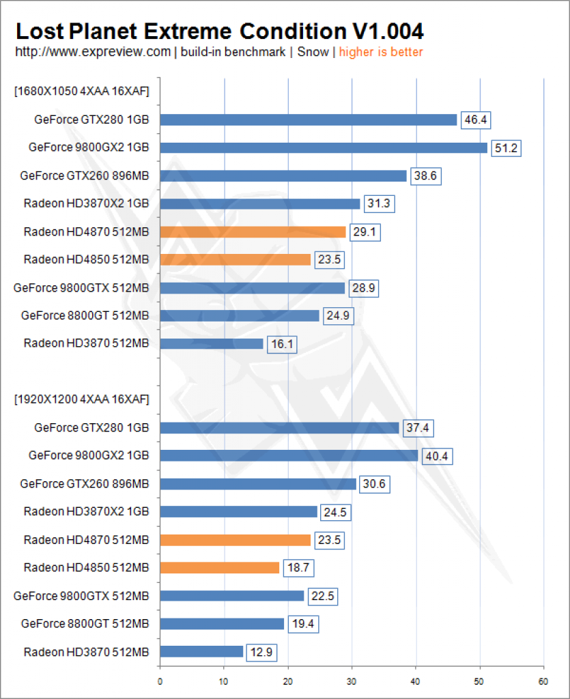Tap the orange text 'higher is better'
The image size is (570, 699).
381,52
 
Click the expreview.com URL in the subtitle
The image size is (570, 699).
93,52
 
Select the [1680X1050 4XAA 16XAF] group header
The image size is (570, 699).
81,91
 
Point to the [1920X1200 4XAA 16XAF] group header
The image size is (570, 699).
81,399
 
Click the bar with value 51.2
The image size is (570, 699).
324,147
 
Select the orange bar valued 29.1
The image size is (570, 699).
253,232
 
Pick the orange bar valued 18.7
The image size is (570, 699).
220,567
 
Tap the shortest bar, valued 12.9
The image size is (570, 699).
201,651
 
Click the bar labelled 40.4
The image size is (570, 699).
289,455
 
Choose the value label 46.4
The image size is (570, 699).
476,120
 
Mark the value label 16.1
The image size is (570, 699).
282,344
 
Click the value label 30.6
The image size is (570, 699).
374,484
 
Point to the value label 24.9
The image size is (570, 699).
339,316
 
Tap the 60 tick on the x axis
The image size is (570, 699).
543,682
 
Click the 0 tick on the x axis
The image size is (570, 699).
160,682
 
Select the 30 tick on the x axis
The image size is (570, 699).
352,682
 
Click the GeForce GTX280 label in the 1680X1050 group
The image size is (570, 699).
91,120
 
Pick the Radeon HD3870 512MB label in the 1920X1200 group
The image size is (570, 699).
86,652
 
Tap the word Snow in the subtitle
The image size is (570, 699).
313,52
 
